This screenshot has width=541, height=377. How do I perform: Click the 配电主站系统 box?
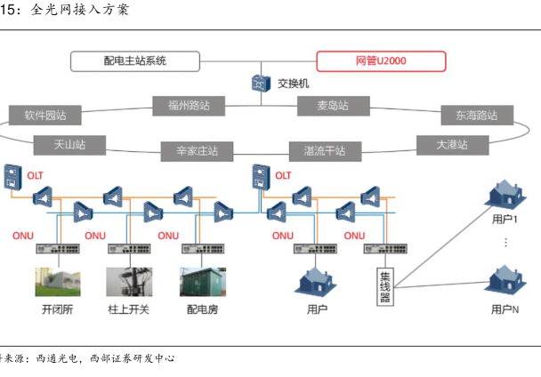(x=135, y=61)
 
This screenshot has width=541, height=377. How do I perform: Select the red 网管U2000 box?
(x=380, y=61)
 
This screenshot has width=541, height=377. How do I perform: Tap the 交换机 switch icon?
(x=260, y=83)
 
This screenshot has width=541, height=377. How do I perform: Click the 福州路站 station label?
(x=189, y=106)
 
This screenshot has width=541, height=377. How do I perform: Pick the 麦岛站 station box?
(x=333, y=106)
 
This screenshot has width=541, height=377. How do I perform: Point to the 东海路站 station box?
(x=476, y=116)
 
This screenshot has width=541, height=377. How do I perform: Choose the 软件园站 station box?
(x=45, y=116)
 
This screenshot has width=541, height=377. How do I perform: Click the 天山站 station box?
(x=69, y=143)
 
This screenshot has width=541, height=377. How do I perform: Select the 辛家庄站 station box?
(x=190, y=151)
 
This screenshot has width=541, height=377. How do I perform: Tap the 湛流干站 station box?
(x=325, y=150)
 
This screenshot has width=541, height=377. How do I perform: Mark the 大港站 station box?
(x=451, y=143)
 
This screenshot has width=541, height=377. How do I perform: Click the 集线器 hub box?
(x=384, y=285)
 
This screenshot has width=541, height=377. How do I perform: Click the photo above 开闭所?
(x=56, y=281)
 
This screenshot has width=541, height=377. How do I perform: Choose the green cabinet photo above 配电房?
(x=202, y=281)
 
